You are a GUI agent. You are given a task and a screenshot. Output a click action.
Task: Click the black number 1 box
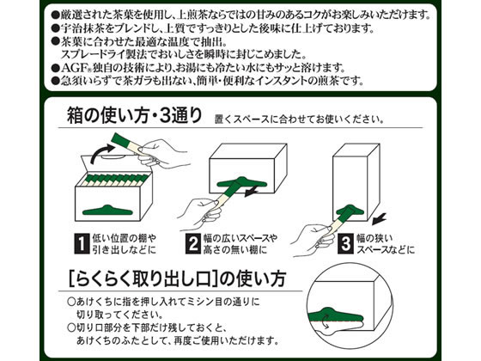82,244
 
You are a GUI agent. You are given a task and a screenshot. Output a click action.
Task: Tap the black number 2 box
193,244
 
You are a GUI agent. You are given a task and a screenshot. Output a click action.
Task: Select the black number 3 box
345,244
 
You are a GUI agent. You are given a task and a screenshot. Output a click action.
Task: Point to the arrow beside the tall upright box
378,219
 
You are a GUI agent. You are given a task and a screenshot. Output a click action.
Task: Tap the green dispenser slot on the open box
107,210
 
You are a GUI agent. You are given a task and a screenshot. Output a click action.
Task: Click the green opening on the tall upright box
350,210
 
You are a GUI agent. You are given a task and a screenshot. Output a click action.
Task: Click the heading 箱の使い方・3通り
134,115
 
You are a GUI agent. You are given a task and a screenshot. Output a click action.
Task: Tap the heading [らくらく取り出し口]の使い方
177,278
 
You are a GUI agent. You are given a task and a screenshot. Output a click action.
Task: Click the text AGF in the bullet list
73,68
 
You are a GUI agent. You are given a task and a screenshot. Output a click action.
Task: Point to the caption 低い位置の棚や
125,238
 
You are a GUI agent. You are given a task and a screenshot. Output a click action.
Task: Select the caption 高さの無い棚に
235,250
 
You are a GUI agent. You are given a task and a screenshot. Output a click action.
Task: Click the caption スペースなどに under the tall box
386,250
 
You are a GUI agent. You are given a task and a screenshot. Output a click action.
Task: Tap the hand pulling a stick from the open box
162,154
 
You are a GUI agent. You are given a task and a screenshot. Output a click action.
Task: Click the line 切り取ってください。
120,315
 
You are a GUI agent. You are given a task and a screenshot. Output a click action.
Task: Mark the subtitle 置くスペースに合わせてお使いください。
300,119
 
